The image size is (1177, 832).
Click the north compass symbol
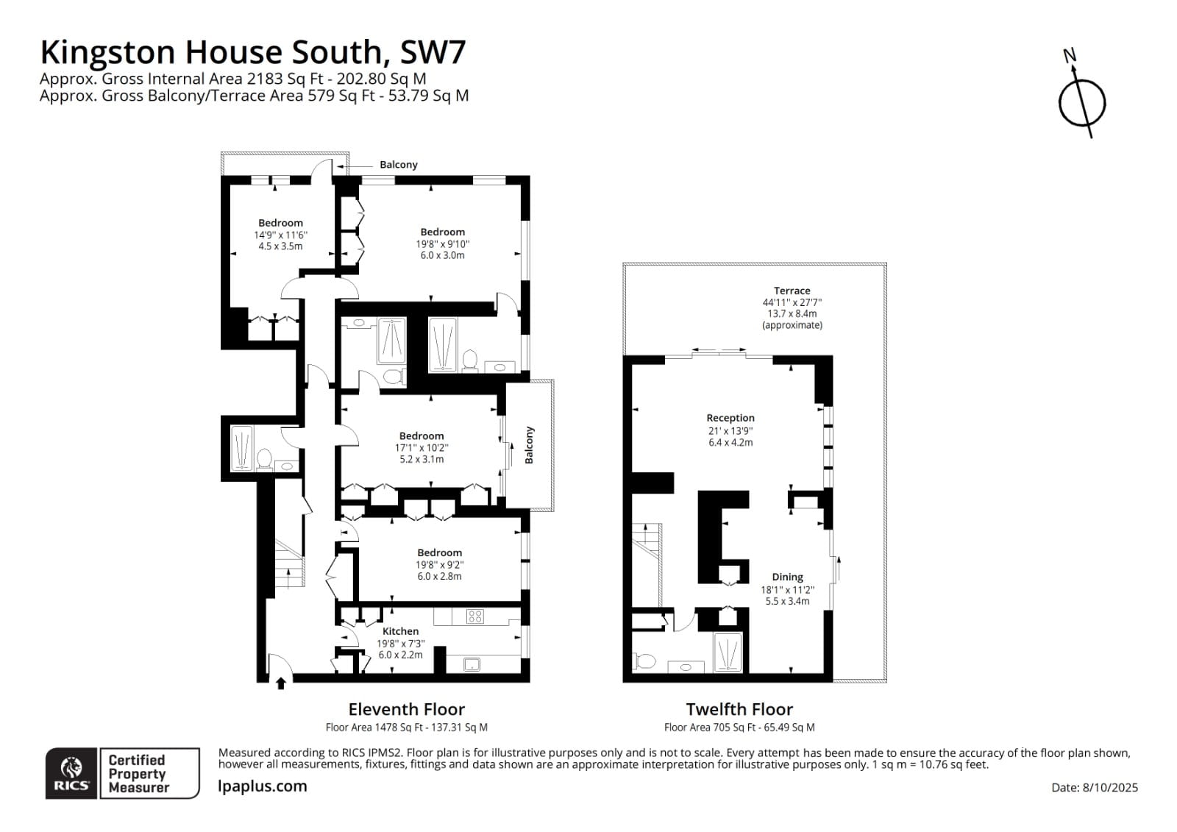click(x=1081, y=102)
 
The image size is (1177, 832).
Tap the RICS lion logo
click(x=71, y=773)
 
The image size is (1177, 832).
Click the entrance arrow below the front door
click(x=280, y=684)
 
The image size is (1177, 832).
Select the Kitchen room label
click(x=400, y=631)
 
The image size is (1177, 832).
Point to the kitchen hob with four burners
click(x=475, y=616)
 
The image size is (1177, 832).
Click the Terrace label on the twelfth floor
click(x=792, y=291)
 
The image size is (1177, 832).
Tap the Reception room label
click(x=730, y=418)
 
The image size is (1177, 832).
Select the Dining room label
click(x=787, y=577)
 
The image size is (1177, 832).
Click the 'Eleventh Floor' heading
click(x=406, y=709)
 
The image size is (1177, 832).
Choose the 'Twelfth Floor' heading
click(x=739, y=709)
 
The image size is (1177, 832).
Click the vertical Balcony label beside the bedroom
click(x=529, y=445)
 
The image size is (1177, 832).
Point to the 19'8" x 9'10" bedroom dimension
click(x=442, y=244)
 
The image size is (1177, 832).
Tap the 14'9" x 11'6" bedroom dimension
click(x=280, y=235)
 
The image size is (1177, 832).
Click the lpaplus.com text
click(x=263, y=786)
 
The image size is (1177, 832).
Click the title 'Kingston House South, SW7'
click(x=252, y=52)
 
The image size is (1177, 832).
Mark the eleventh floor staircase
click(x=289, y=563)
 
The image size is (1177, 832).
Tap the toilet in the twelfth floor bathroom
click(x=644, y=661)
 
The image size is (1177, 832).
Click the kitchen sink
click(x=471, y=664)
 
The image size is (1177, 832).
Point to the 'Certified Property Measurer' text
click(x=138, y=773)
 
